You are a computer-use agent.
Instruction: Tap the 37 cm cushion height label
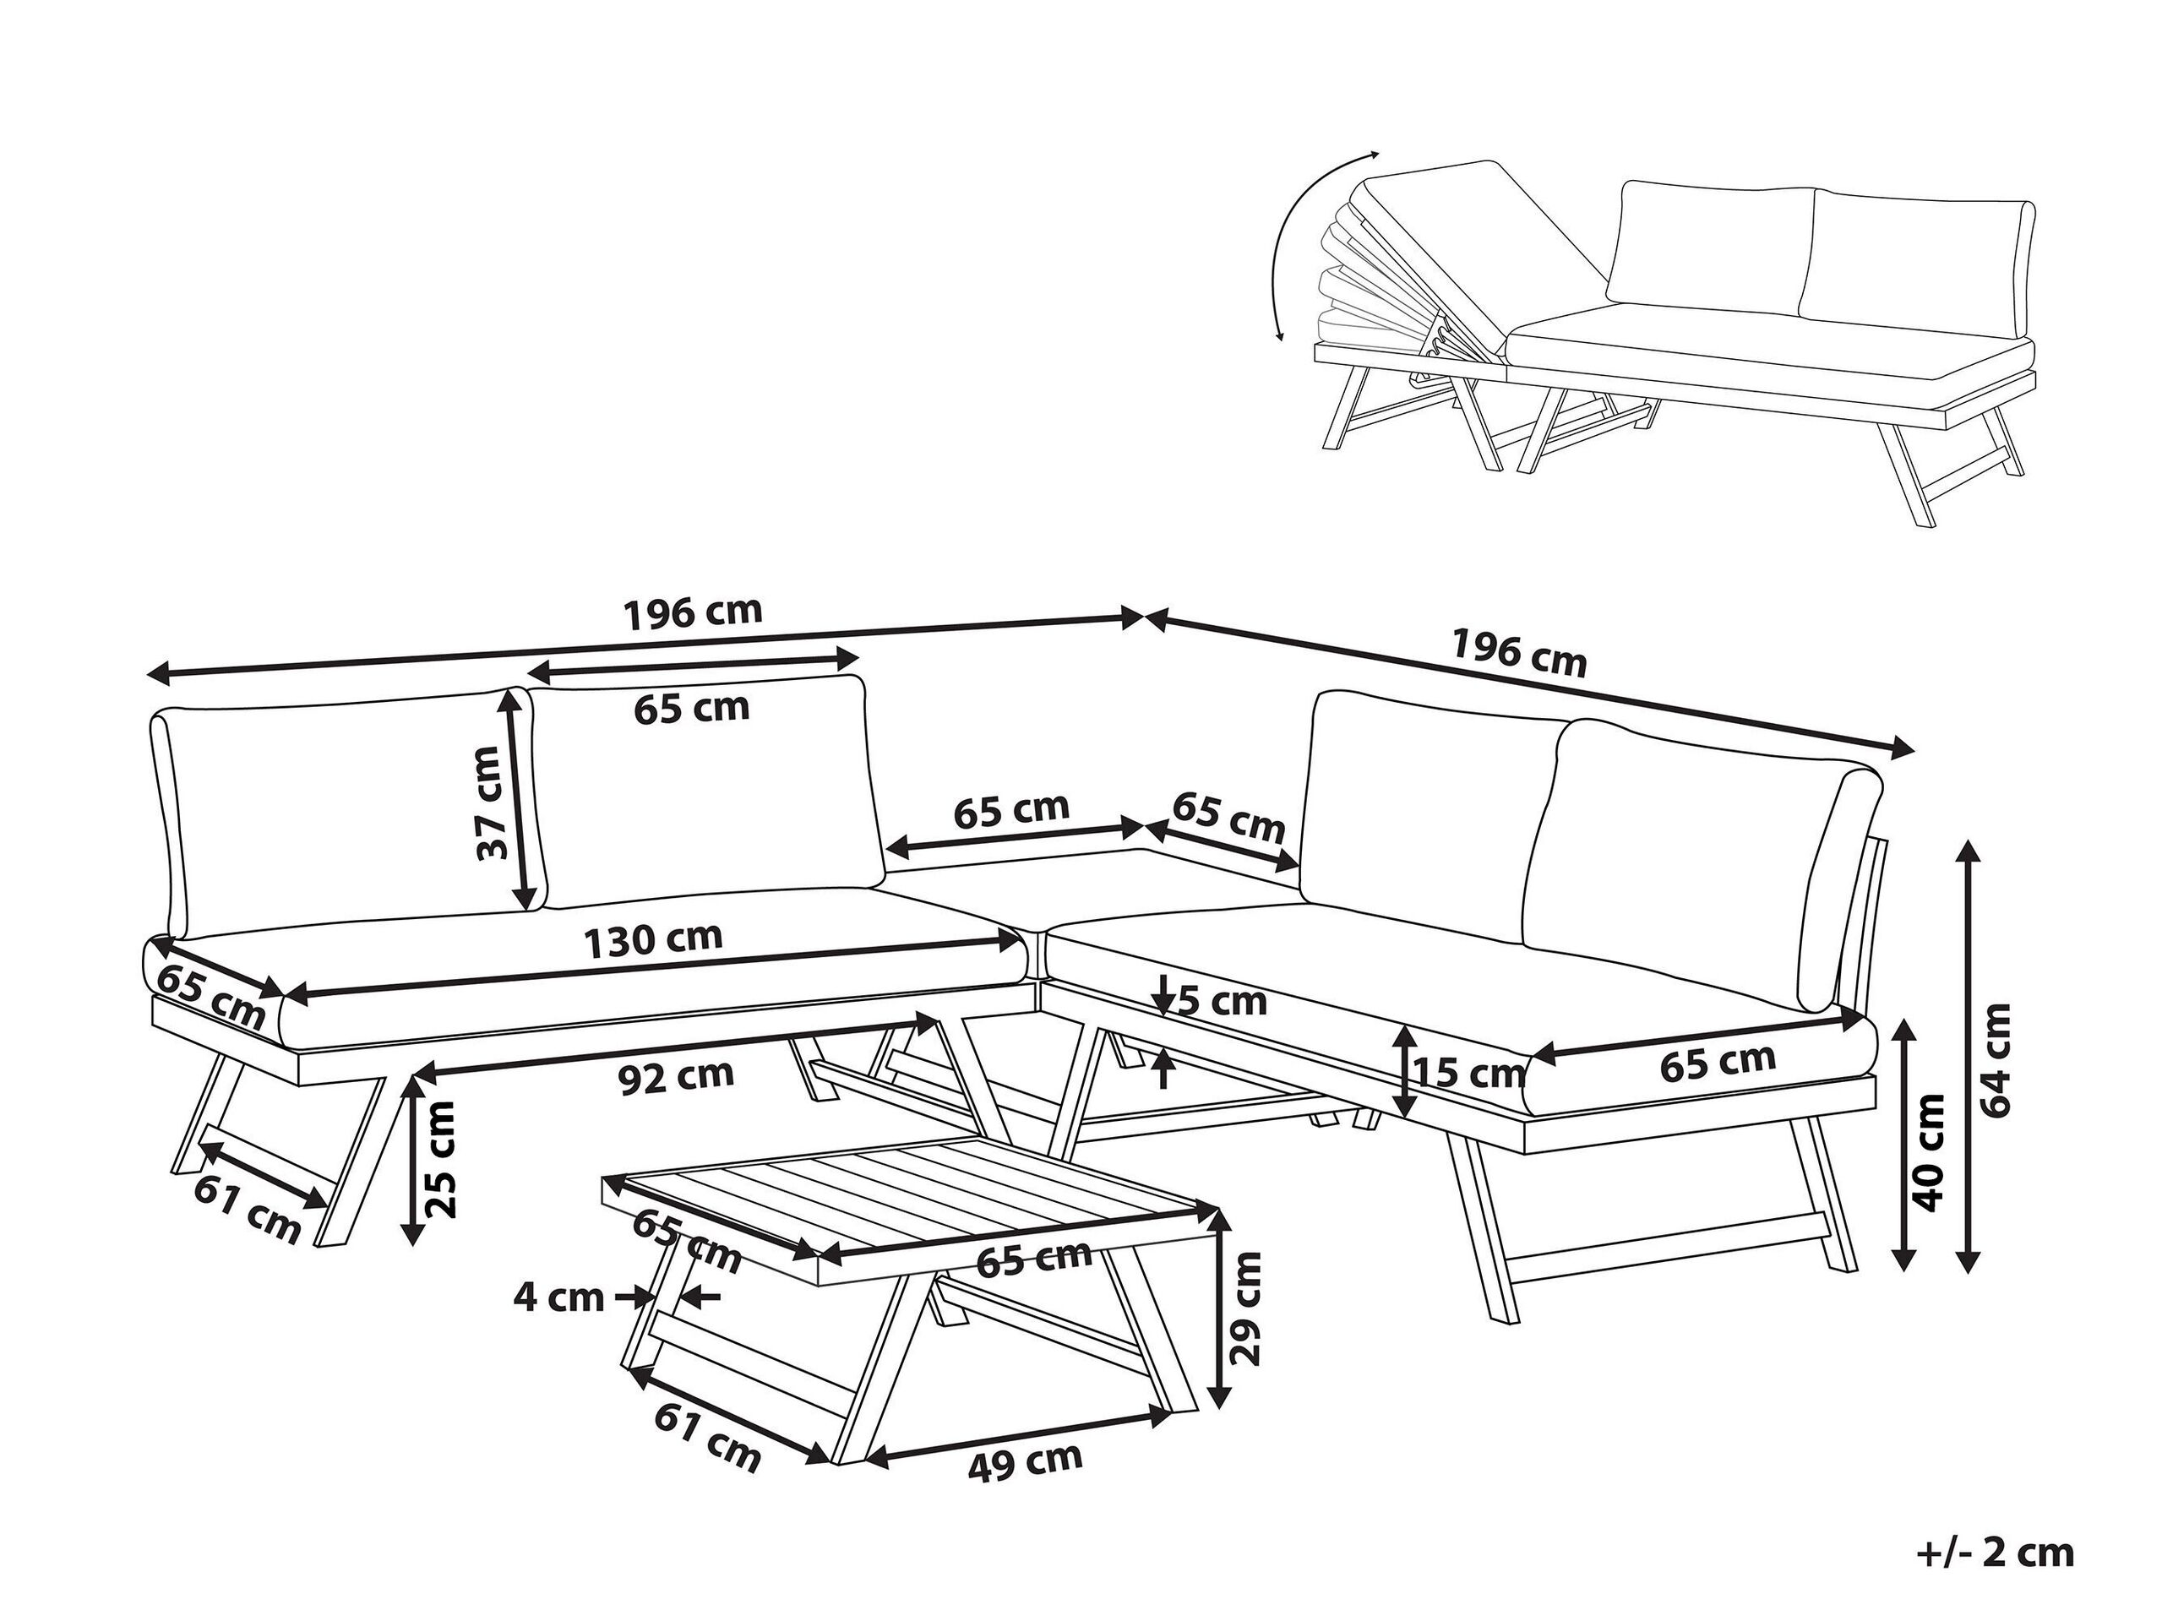[x=488, y=802]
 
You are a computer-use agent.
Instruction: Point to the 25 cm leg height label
[x=442, y=1171]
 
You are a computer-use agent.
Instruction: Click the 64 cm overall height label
[x=1998, y=1059]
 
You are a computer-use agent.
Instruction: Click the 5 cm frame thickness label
[x=1222, y=1002]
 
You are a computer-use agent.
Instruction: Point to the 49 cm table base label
[x=1024, y=1488]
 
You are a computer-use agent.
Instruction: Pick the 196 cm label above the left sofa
[x=692, y=612]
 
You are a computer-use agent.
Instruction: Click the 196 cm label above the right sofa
[x=1519, y=652]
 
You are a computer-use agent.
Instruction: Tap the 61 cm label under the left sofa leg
[x=248, y=1210]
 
